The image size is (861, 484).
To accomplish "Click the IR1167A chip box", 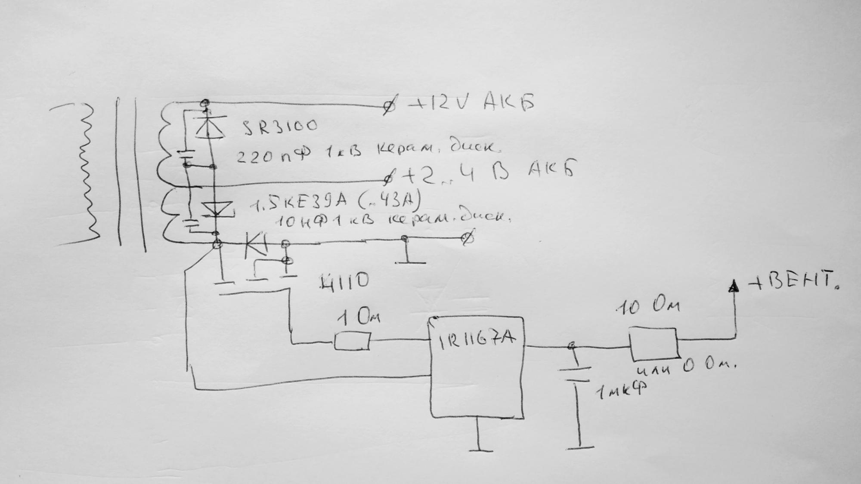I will pyautogui.click(x=477, y=368).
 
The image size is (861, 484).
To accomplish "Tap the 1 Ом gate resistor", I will pyautogui.click(x=352, y=342).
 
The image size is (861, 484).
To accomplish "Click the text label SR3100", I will pyautogui.click(x=280, y=126).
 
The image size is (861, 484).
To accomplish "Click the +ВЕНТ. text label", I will pyautogui.click(x=794, y=282).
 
